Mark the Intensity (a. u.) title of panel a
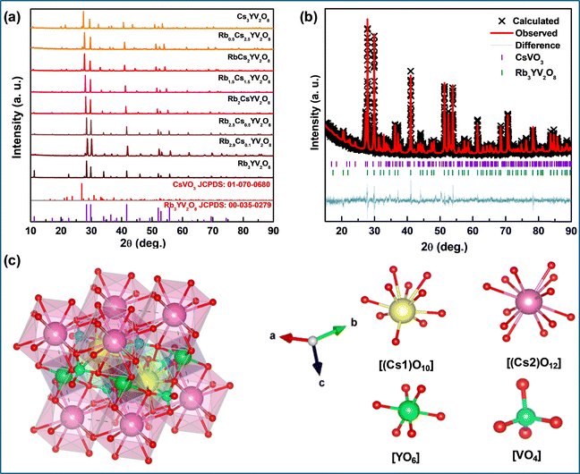pos(12,116)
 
